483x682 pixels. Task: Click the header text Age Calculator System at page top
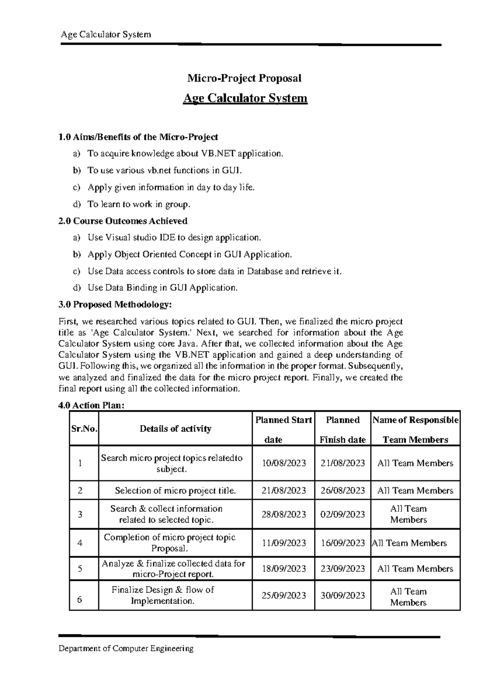[105, 35]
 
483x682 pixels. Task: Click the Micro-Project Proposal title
[244, 78]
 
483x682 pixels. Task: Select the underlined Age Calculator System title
[245, 98]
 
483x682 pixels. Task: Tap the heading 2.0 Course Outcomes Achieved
[123, 221]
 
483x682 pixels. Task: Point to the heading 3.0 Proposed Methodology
[115, 304]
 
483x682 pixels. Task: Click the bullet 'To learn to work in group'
[138, 204]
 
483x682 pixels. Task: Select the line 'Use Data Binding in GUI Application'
[163, 288]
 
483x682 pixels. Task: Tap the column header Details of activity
[175, 429]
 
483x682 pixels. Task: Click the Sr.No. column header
[84, 429]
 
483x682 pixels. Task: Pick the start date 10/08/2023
[284, 463]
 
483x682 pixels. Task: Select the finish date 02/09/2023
[343, 514]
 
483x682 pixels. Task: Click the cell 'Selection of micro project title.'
[175, 491]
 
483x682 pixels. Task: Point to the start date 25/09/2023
[284, 596]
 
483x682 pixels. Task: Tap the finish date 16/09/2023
[343, 543]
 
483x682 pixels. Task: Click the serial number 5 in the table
[80, 569]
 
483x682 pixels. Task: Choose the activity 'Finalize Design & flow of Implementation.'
[163, 596]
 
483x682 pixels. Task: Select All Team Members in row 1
[415, 463]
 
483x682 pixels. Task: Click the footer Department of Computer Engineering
[126, 648]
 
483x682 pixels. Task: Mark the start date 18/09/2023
[284, 569]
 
